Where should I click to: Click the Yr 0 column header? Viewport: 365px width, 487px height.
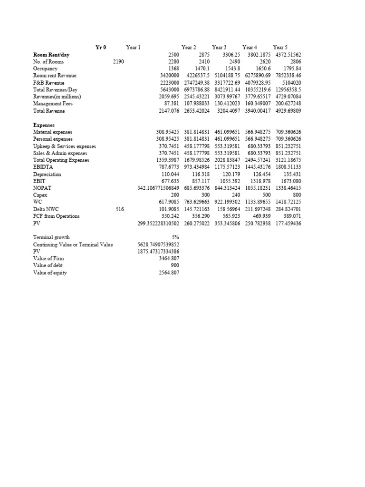tap(101, 47)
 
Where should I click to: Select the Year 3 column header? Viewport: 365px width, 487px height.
tap(219, 47)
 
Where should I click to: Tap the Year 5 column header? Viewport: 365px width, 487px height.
tap(280, 47)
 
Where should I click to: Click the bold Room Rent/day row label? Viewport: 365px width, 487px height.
tap(51, 55)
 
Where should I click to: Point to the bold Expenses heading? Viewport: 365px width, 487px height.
tap(44, 125)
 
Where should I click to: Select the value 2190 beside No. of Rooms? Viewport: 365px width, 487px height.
tap(118, 62)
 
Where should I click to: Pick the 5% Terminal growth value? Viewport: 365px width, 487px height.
tap(175, 237)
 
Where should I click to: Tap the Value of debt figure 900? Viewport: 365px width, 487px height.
tap(174, 265)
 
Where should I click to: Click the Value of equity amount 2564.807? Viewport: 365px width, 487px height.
tap(169, 273)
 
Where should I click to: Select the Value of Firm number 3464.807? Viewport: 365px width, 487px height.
tap(169, 258)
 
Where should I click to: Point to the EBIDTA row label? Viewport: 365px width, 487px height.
tap(43, 167)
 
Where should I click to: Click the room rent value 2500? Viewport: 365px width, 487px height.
tap(173, 55)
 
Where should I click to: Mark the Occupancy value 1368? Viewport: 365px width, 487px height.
tap(173, 68)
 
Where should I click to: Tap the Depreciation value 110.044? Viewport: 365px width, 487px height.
tap(170, 174)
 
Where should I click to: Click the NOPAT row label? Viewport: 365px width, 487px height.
tap(41, 188)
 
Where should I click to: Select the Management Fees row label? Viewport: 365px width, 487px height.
tap(53, 104)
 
